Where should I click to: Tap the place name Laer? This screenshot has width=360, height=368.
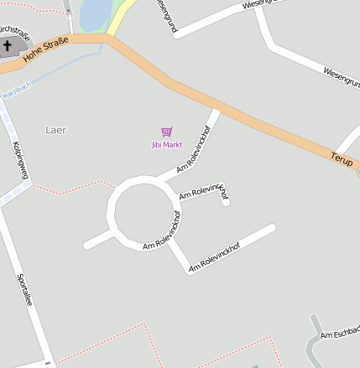[55, 130]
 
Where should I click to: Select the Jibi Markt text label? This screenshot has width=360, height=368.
[166, 145]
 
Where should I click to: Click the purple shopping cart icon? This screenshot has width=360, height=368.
[166, 132]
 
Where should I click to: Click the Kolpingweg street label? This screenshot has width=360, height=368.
[20, 160]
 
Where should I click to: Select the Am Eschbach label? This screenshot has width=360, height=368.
[340, 334]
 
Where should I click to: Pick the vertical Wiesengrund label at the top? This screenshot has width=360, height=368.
[166, 17]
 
